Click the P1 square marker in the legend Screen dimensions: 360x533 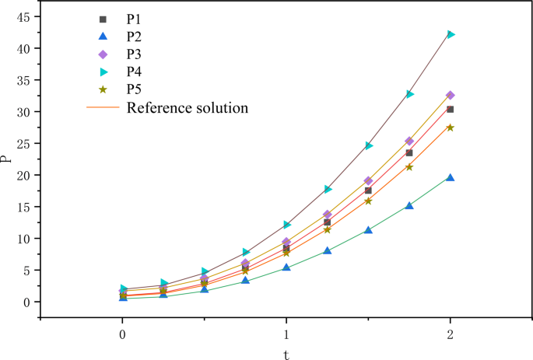coord(104,18)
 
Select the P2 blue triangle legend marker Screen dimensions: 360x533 coord(104,36)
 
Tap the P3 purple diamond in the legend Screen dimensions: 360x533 coord(104,54)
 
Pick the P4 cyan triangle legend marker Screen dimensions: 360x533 coord(104,72)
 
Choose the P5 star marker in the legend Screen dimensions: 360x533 coord(104,89)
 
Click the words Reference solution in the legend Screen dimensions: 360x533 coord(187,107)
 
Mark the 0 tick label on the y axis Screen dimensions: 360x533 coord(25,302)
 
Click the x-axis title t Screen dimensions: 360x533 coord(286,354)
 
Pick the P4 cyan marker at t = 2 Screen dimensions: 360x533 coord(451,34)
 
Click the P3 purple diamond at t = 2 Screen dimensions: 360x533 coord(451,95)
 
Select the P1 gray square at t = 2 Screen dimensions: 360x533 coord(451,110)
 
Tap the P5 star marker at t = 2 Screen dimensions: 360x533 coord(451,128)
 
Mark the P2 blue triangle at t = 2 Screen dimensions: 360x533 coord(451,178)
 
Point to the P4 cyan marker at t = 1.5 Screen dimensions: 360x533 coord(369,145)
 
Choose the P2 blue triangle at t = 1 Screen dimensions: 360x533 coord(286,267)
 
